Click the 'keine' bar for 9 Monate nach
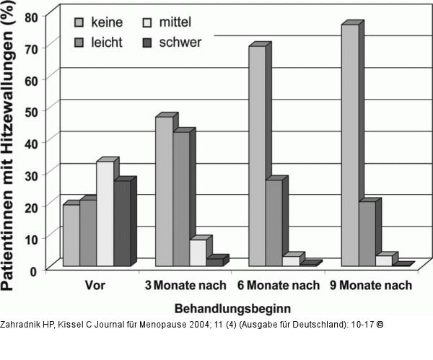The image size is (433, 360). (x=350, y=144)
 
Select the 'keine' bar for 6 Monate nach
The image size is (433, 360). (x=257, y=155)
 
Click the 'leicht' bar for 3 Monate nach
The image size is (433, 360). (x=181, y=198)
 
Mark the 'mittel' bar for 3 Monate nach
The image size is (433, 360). (x=198, y=252)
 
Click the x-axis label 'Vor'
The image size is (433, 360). (x=94, y=286)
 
